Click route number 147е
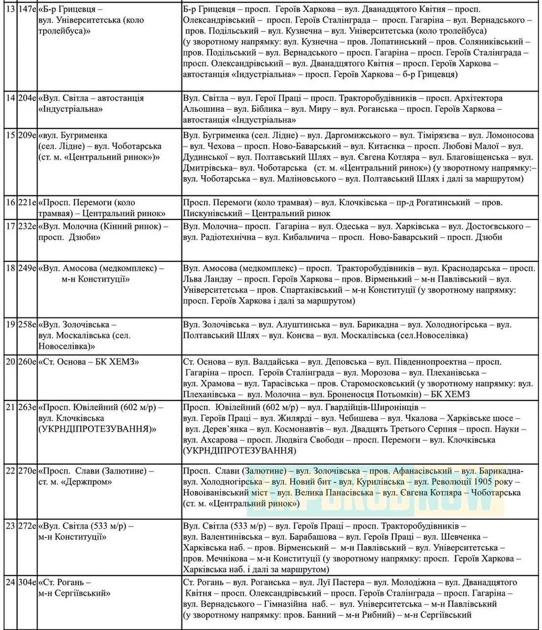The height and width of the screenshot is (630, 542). [x=26, y=9]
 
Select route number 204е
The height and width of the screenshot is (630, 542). [x=26, y=98]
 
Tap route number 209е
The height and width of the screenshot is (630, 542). [x=26, y=135]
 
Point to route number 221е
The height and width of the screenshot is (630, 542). [x=26, y=202]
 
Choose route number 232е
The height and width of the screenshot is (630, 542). [x=26, y=226]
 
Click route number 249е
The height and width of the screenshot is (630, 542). [x=26, y=268]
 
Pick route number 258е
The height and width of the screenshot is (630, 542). [x=26, y=324]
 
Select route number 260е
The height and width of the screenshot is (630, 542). [x=26, y=362]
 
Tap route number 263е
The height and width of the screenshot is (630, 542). [x=26, y=407]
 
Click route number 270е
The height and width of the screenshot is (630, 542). [x=26, y=470]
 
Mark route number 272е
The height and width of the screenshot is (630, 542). [x=26, y=526]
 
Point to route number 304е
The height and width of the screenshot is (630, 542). [x=26, y=582]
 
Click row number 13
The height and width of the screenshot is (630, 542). [x=7, y=9]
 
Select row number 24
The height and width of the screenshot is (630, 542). [x=7, y=582]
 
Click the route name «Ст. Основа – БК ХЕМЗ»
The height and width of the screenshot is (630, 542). [x=89, y=362]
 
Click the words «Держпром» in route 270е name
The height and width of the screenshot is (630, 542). [x=90, y=481]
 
